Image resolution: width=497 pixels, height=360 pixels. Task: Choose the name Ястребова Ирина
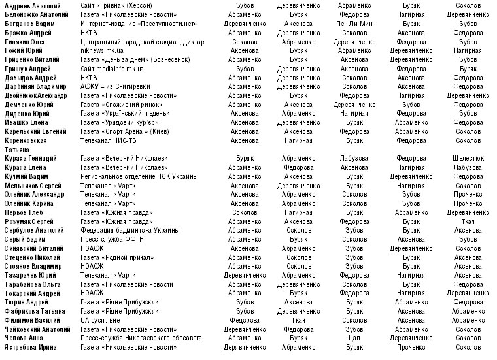pyautogui.click(x=30, y=347)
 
